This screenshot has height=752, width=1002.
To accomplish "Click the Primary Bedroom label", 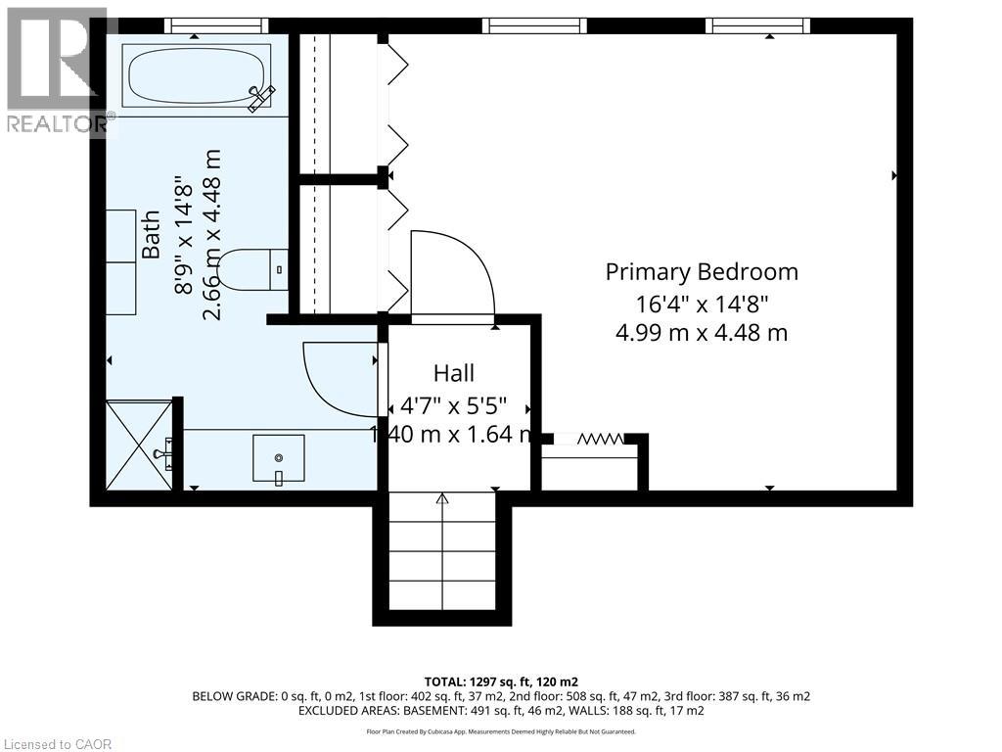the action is [x=702, y=272].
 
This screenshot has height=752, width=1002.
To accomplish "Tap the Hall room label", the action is [x=454, y=373].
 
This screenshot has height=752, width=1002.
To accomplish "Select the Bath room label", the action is [x=151, y=235].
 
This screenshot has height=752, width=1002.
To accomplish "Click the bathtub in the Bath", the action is [x=197, y=78].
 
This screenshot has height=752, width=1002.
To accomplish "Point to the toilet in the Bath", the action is [x=252, y=270].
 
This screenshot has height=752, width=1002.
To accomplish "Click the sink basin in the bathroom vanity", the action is [x=279, y=458].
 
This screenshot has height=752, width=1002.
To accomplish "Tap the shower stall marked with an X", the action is [x=139, y=446].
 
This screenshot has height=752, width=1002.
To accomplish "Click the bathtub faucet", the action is [x=261, y=99].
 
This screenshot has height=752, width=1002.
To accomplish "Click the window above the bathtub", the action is [x=216, y=25].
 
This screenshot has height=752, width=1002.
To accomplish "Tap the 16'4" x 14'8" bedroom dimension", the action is [x=702, y=304].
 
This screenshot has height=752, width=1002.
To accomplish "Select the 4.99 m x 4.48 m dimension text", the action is [x=702, y=333].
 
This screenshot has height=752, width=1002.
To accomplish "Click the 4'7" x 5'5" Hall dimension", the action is [x=454, y=405].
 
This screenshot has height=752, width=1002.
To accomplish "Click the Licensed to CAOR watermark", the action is [x=56, y=744].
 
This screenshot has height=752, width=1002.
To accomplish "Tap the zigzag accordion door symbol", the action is [x=600, y=439].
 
